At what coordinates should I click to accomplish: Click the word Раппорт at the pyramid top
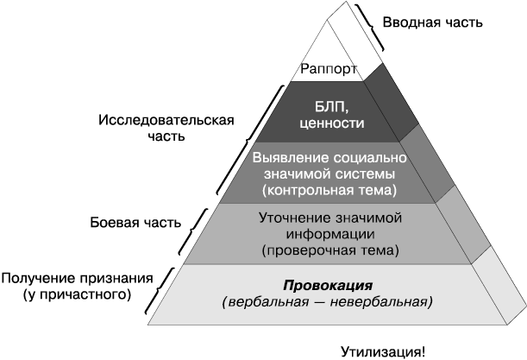pyautogui.click(x=329, y=69)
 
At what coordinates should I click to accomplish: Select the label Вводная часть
pyautogui.click(x=433, y=22)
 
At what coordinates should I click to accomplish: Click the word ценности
pyautogui.click(x=332, y=123)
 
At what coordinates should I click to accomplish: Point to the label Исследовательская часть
pyautogui.click(x=166, y=128)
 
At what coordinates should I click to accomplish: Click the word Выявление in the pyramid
pyautogui.click(x=291, y=158)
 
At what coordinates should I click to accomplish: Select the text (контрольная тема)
pyautogui.click(x=329, y=191)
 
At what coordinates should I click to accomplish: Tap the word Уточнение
pyautogui.click(x=295, y=218)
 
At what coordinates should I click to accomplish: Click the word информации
pyautogui.click(x=330, y=234)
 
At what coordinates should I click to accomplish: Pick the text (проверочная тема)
pyautogui.click(x=330, y=250)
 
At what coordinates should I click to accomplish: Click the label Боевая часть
pyautogui.click(x=135, y=223)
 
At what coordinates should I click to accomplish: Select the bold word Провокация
pyautogui.click(x=328, y=286)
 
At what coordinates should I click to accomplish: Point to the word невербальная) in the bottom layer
pyautogui.click(x=381, y=302)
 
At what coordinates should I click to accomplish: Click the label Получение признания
pyautogui.click(x=78, y=279)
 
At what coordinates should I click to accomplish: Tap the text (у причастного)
pyautogui.click(x=78, y=295)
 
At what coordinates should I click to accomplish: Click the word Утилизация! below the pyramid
pyautogui.click(x=383, y=352)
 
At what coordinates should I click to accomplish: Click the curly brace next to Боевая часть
pyautogui.click(x=192, y=231)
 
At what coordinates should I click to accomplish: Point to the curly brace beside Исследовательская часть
pyautogui.click(x=248, y=140)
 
